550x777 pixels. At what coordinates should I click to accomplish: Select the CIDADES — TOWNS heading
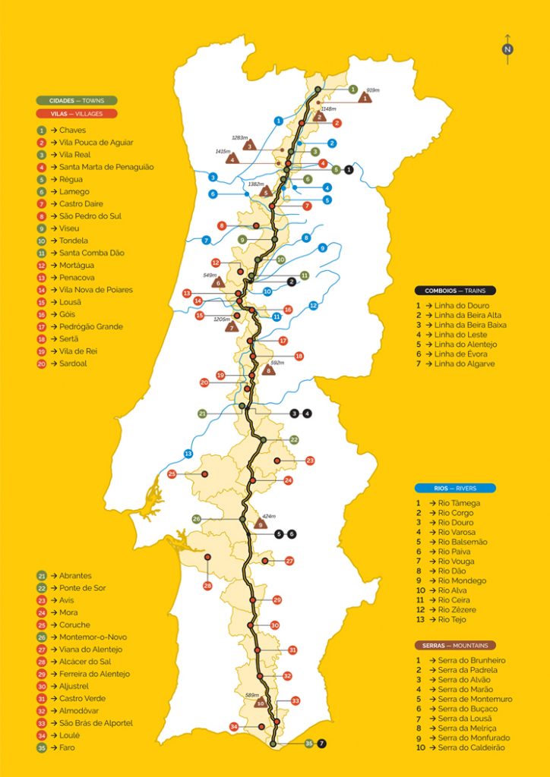pos(77,100)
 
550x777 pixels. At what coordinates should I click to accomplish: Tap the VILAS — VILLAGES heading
pos(77,114)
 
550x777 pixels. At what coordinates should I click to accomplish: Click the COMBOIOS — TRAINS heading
pos(454,290)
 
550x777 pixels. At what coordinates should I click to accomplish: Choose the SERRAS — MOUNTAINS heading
pos(454,646)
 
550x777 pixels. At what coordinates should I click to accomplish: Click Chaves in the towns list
pos(72,131)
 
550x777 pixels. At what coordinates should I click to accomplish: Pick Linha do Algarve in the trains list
pos(466,364)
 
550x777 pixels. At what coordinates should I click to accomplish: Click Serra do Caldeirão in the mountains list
pos(472,747)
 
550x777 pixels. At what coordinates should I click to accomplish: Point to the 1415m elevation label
pos(223,152)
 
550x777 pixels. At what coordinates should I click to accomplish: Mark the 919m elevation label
pos(372,90)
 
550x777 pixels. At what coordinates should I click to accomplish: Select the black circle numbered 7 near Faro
pos(321,744)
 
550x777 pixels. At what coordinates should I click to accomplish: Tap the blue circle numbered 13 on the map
pos(188,454)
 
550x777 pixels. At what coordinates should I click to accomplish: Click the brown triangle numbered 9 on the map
pos(261,524)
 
